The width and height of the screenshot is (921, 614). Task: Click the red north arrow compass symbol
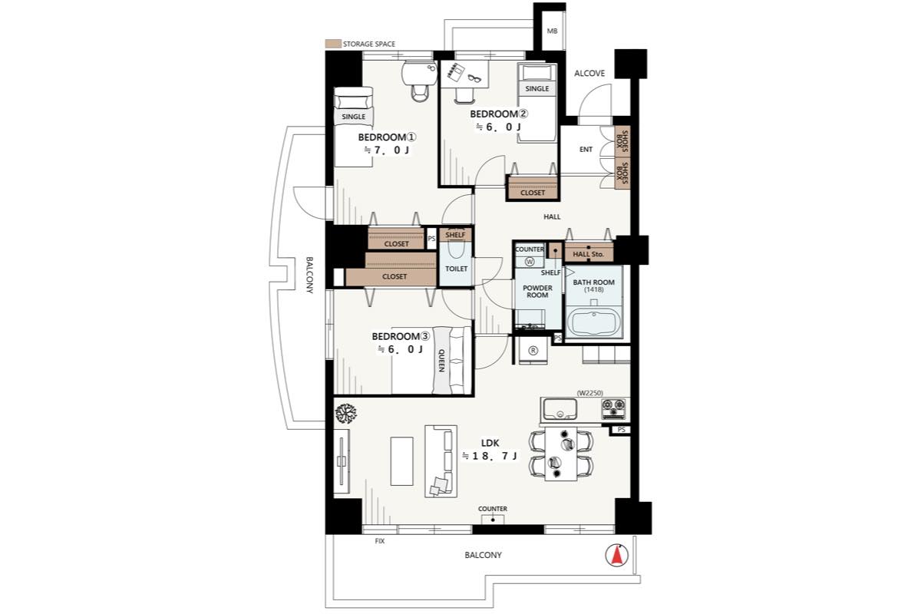616,555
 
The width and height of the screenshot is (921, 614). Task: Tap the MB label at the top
552,31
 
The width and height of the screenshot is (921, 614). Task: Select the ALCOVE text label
589,73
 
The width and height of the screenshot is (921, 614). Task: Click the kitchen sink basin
560,409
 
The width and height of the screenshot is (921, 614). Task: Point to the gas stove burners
613,409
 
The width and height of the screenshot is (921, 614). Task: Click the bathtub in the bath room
593,324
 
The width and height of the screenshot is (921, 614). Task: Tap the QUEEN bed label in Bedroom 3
441,360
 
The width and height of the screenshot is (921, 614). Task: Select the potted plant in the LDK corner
346,414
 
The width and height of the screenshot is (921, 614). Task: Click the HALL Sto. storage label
589,254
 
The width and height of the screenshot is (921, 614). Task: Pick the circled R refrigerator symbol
533,351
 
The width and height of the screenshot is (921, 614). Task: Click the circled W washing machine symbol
529,262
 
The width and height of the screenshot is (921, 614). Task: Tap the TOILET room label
457,269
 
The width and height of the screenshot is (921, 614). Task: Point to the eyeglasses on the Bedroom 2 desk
474,78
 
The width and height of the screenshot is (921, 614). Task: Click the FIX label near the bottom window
379,541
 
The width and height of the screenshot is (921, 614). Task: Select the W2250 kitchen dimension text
590,393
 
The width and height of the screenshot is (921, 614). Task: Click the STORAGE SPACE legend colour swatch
333,44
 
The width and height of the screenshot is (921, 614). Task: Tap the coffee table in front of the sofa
401,461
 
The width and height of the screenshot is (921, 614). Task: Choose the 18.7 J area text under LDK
490,456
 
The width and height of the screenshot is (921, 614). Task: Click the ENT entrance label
586,150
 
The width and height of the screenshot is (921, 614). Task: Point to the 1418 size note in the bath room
594,289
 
